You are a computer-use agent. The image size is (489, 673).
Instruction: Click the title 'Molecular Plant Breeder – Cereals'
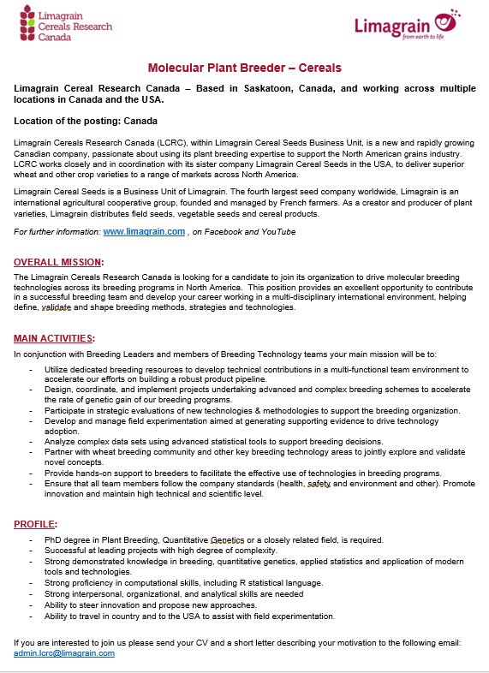point(244,68)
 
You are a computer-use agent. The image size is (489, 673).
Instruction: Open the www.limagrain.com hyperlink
point(144,232)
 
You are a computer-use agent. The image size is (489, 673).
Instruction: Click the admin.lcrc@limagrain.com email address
point(64,652)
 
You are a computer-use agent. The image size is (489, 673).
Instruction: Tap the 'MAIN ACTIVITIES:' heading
point(55,338)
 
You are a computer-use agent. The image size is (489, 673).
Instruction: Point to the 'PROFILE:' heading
point(36,523)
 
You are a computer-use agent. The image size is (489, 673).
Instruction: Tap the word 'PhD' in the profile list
point(54,540)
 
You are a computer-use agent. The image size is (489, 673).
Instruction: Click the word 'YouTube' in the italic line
point(278,232)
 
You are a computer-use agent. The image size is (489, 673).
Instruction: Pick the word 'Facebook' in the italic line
point(224,232)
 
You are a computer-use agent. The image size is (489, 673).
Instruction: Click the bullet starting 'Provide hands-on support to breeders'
point(242,473)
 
